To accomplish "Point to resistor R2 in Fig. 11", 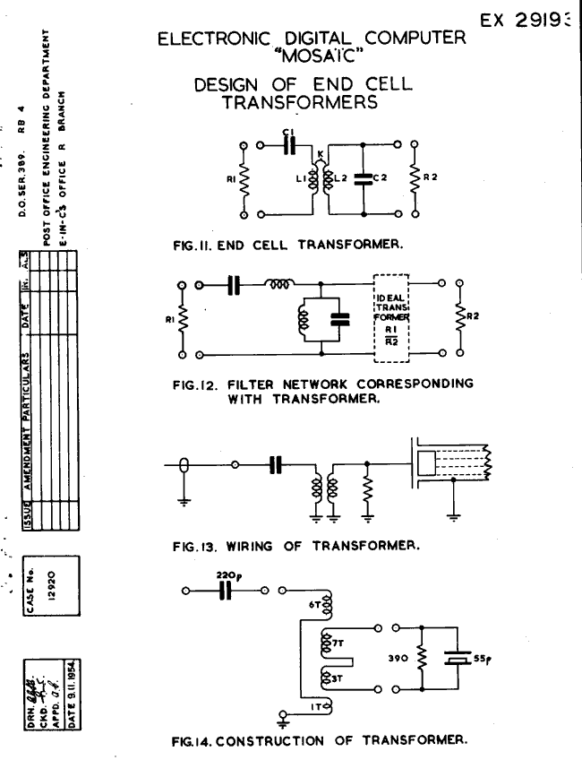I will pyautogui.click(x=415, y=178).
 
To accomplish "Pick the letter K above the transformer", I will pyautogui.click(x=320, y=154).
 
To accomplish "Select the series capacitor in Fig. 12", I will pyautogui.click(x=235, y=284).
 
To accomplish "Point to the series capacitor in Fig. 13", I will pyautogui.click(x=277, y=465).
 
